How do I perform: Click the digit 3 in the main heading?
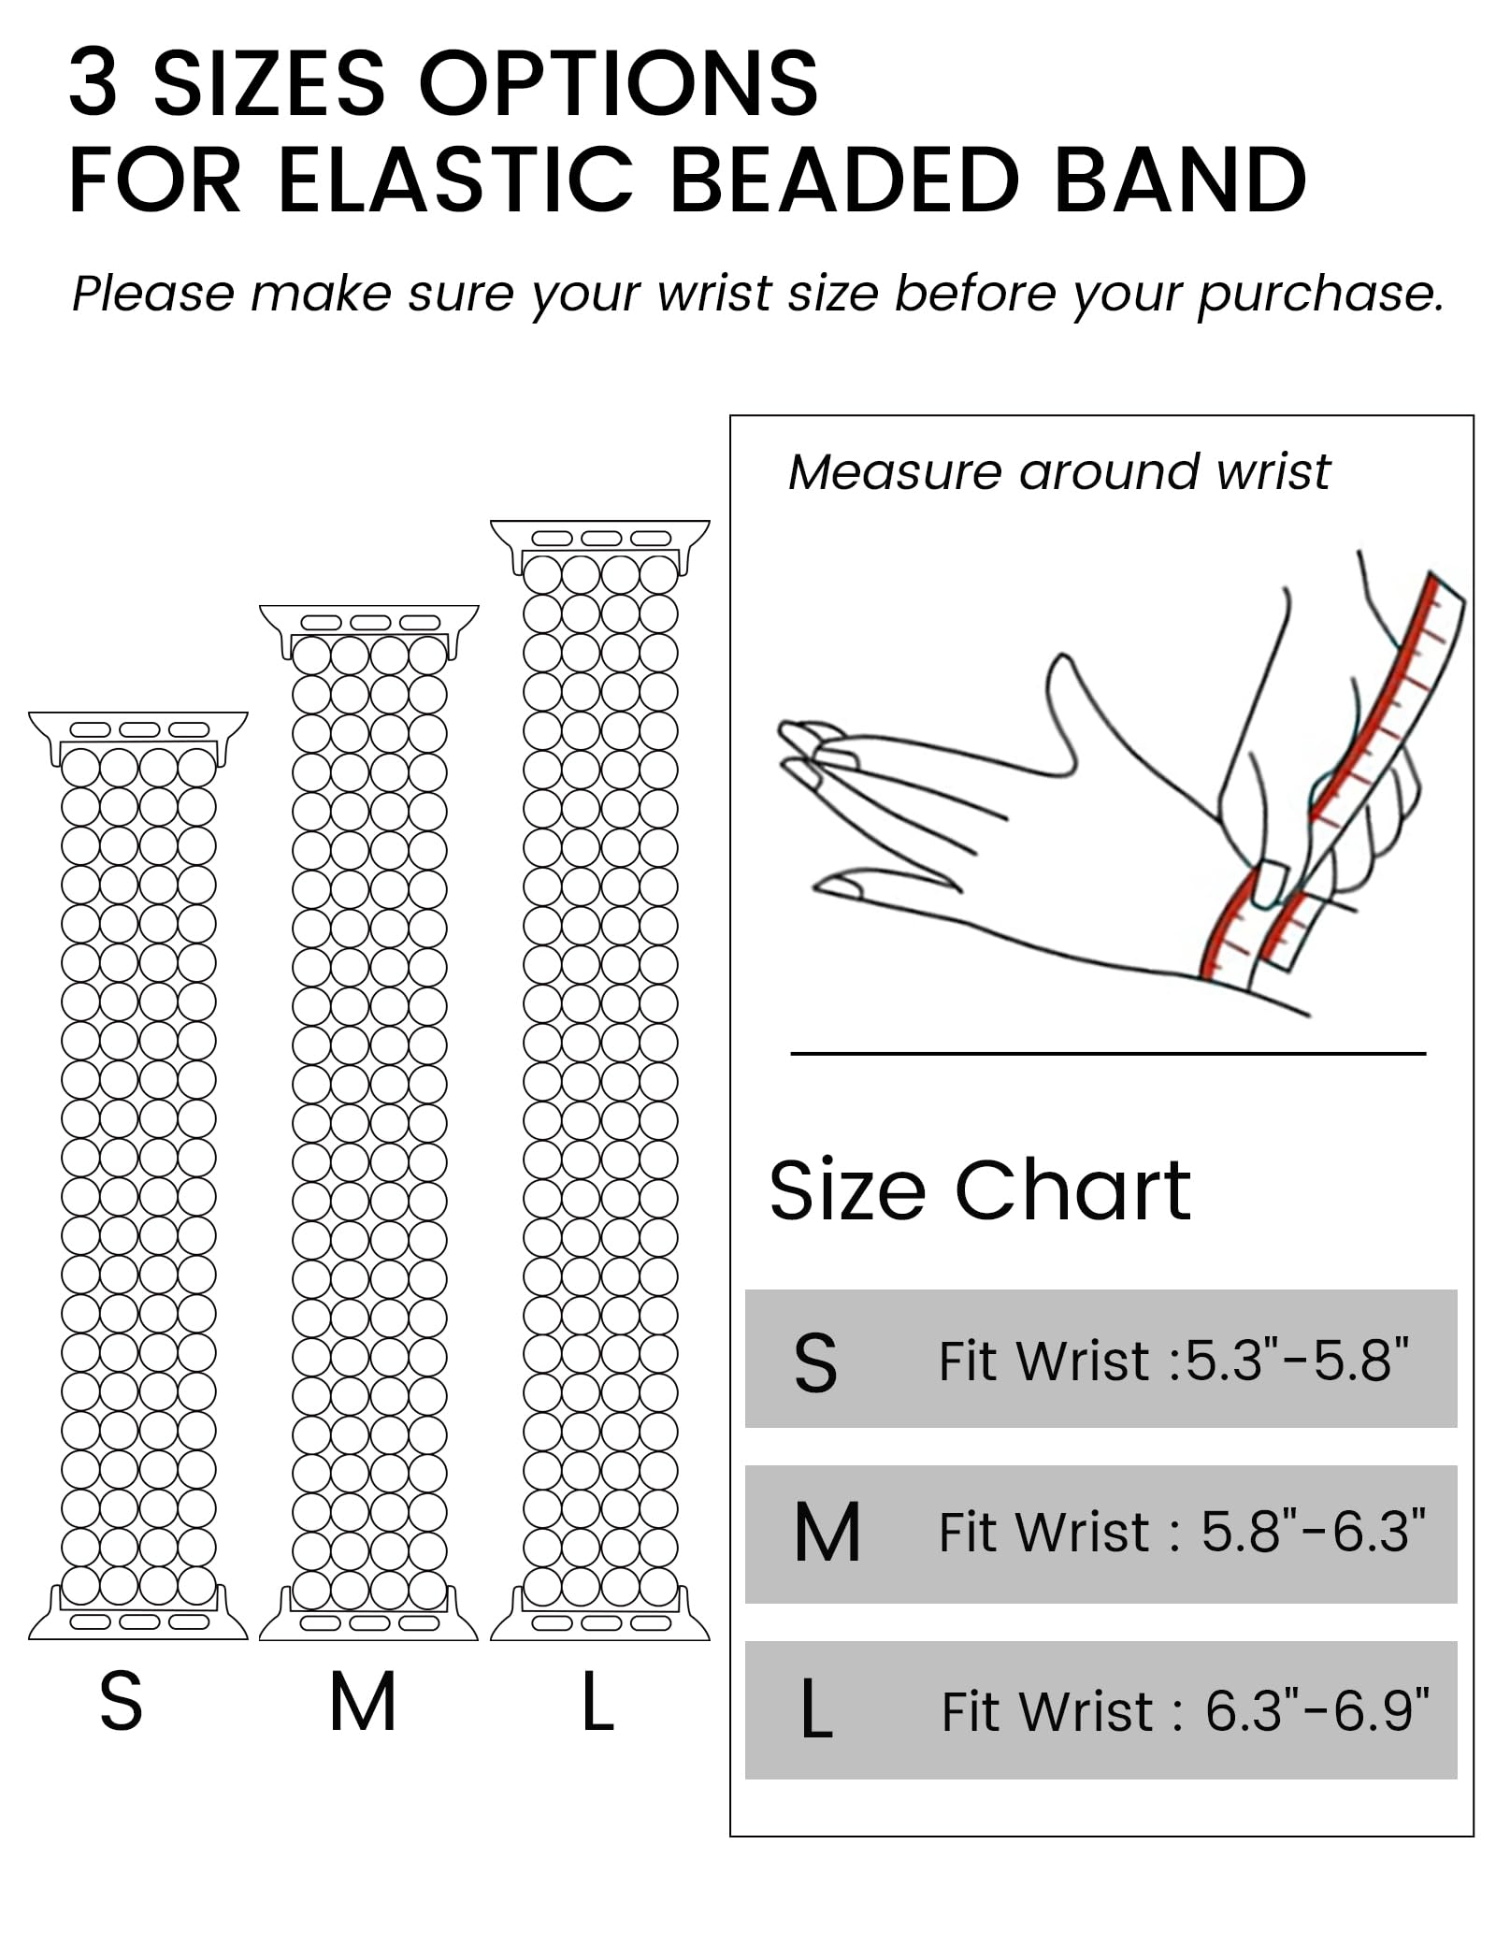point(94,83)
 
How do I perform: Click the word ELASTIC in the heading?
point(455,180)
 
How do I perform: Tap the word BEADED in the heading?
point(844,180)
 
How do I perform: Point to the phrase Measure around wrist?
point(1058,471)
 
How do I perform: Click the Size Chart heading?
point(979,1190)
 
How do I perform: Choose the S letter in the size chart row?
point(815,1363)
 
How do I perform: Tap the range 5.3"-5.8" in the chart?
point(1296,1361)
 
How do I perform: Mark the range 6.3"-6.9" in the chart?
point(1316,1711)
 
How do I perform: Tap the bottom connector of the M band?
point(368,1622)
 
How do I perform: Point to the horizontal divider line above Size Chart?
point(1107,1054)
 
